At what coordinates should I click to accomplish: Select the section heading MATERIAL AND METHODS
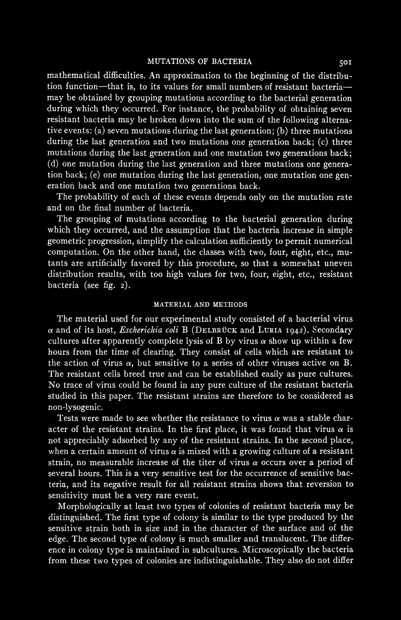[x=200, y=304]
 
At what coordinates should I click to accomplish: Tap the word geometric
[x=66, y=241]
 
